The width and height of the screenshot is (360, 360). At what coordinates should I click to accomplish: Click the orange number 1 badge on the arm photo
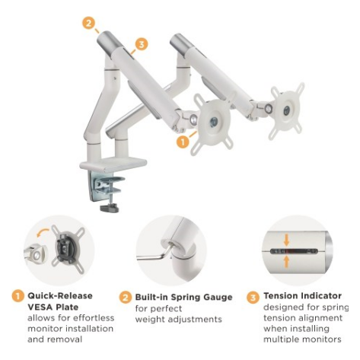(182, 141)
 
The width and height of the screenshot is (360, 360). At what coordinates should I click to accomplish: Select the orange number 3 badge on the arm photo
(142, 45)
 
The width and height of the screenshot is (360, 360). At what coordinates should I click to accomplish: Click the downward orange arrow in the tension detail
(286, 240)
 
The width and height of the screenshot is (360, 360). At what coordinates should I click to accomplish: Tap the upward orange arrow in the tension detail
(286, 260)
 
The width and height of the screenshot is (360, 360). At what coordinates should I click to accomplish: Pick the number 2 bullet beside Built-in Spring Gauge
(125, 296)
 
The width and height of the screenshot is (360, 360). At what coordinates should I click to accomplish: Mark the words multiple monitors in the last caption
(299, 339)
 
